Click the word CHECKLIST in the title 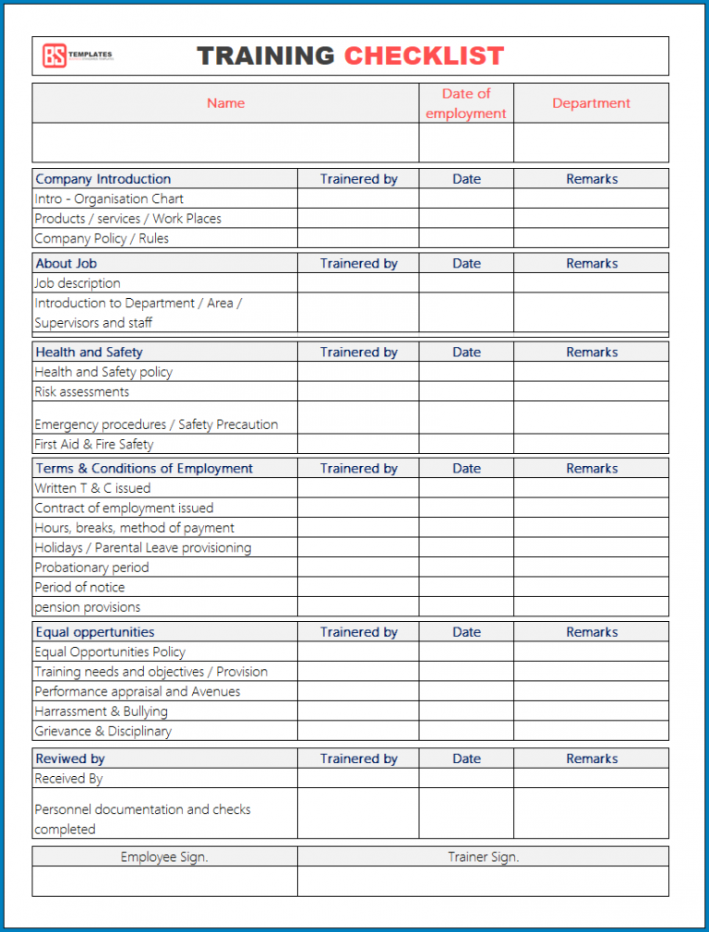tap(424, 56)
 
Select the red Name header tap(225, 103)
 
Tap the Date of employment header tap(466, 103)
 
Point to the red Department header tap(591, 103)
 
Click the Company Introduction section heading tap(102, 179)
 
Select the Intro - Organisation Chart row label tap(109, 198)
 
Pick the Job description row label tap(78, 283)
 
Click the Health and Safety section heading tap(89, 352)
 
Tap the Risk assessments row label tap(82, 391)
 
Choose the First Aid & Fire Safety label tap(94, 444)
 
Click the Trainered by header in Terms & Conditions tap(358, 468)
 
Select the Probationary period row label tap(91, 568)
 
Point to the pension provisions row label tap(88, 607)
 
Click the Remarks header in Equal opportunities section tap(591, 632)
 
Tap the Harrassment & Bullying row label tap(101, 711)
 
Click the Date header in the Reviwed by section tap(466, 759)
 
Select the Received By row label tap(68, 778)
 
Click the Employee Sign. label tap(164, 857)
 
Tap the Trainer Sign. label tap(483, 857)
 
